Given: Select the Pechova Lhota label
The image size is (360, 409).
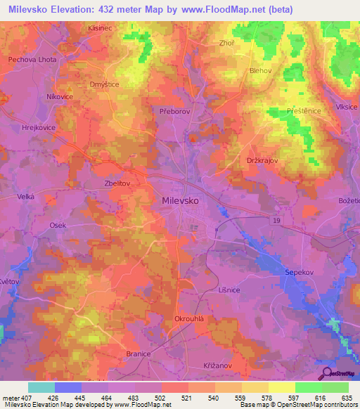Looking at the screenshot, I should pyautogui.click(x=32, y=60).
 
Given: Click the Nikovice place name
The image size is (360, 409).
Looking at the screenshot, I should pyautogui.click(x=61, y=96).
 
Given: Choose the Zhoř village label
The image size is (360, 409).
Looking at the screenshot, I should pyautogui.click(x=226, y=43).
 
